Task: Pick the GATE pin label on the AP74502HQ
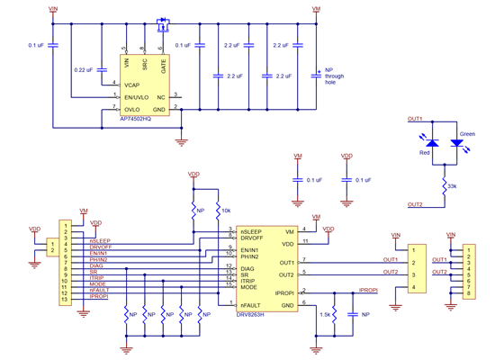tap(163, 64)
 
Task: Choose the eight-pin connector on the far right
tap(467, 268)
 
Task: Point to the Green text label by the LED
tap(466, 134)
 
